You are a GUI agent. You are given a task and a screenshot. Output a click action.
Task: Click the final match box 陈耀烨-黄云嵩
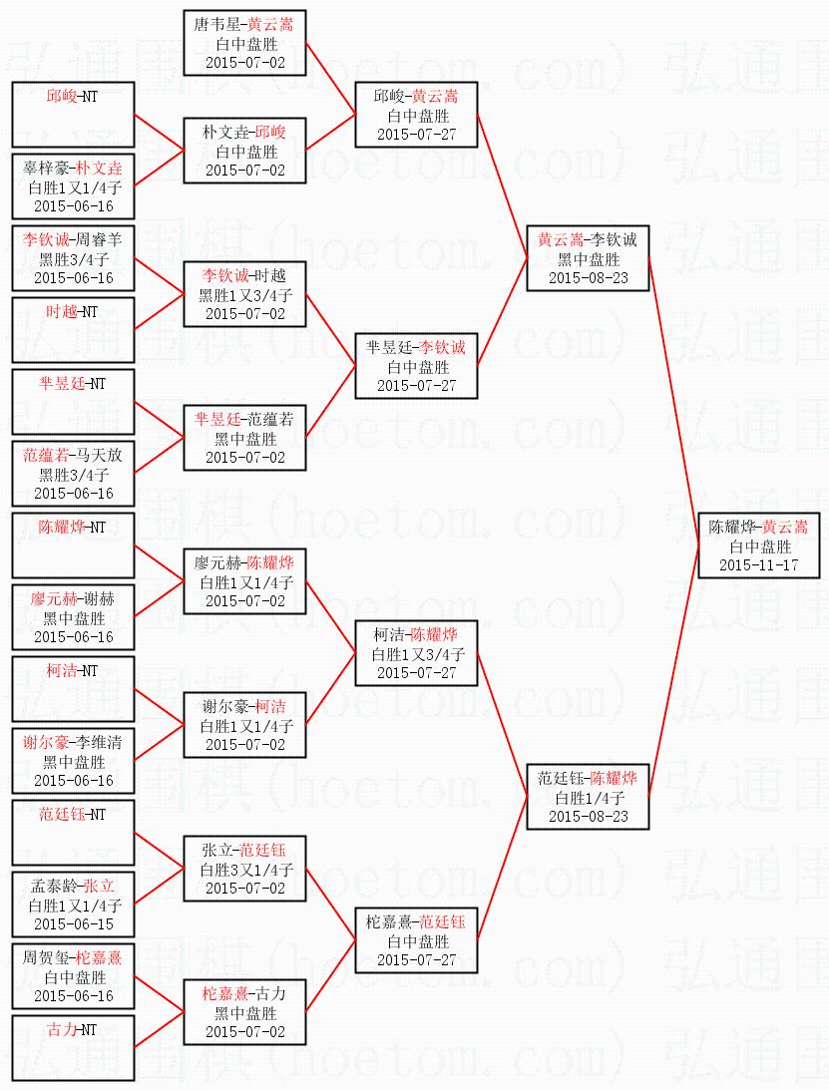(x=758, y=545)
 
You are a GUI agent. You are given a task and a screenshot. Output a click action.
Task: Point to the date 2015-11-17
(x=758, y=564)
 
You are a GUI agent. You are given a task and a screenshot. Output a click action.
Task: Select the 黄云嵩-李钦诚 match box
(x=588, y=258)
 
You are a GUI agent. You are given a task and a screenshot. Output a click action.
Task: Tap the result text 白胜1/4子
(x=588, y=797)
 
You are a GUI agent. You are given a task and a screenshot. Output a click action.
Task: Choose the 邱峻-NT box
(x=73, y=116)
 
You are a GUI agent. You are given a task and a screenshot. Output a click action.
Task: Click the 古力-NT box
(x=73, y=1048)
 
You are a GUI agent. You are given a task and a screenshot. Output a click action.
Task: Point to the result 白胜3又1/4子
(x=244, y=869)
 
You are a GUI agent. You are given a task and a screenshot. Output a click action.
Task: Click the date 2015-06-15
(x=73, y=923)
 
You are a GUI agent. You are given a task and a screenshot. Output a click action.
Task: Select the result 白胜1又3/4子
(x=417, y=654)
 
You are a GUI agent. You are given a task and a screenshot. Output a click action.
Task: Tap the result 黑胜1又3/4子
(x=244, y=295)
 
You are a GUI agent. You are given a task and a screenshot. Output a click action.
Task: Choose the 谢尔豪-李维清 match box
(x=73, y=761)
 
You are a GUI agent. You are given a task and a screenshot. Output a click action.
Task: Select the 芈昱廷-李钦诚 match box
(x=417, y=366)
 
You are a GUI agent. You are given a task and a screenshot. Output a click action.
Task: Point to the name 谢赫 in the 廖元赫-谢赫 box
(x=99, y=599)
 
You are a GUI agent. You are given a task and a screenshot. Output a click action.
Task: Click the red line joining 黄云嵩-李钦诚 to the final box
(x=676, y=399)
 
